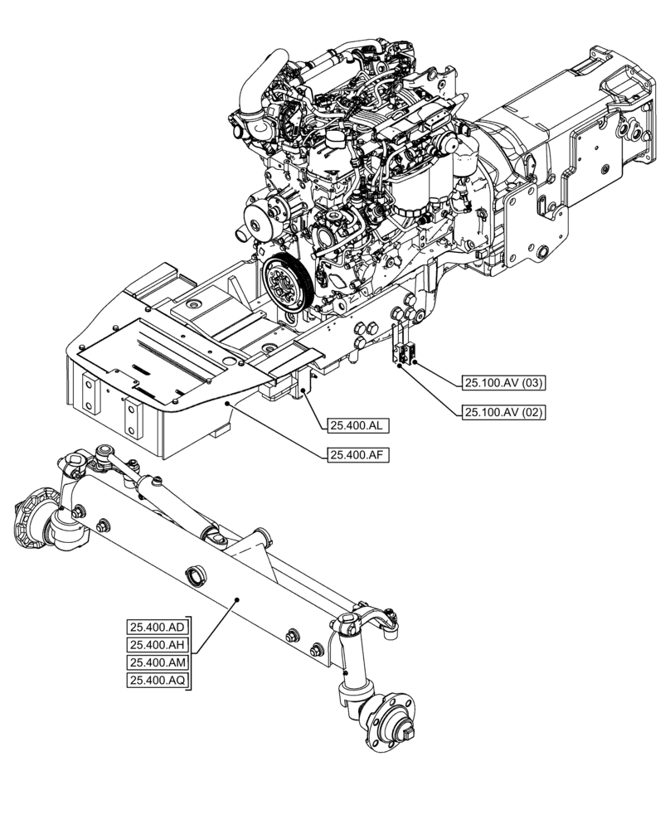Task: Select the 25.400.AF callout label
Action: pyautogui.click(x=359, y=454)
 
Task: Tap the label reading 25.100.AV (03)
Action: pyautogui.click(x=504, y=382)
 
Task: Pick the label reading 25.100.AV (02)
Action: pyautogui.click(x=504, y=411)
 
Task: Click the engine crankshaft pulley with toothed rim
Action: pyautogui.click(x=284, y=285)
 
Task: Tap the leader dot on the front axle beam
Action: pyautogui.click(x=236, y=599)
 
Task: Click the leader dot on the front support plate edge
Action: pyautogui.click(x=229, y=402)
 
